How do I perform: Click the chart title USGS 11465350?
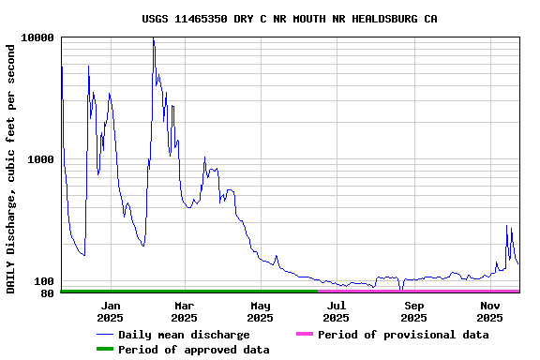coord(289,19)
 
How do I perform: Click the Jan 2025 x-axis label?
coord(111,311)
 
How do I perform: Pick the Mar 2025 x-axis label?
coord(184,311)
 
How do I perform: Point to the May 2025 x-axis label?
coord(261,311)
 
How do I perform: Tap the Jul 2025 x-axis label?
coord(336,311)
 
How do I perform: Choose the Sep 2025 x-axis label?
coord(413,311)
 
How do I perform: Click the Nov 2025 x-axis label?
coord(489,311)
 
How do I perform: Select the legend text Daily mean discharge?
coord(184,335)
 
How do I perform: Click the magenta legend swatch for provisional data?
coord(304,335)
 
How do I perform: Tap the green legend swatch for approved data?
coord(104,350)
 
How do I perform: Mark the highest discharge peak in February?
coord(153,39)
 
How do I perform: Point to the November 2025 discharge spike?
coord(506,226)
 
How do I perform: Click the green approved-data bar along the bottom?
coord(187,292)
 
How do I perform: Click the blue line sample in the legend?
coord(104,335)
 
